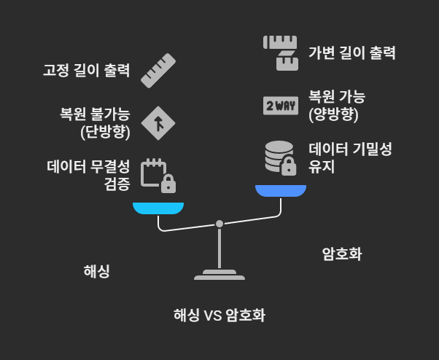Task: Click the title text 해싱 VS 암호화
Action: (219, 316)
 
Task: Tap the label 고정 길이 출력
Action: (85, 71)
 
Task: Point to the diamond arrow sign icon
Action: (158, 123)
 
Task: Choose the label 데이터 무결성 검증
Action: (88, 175)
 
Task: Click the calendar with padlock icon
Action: (158, 174)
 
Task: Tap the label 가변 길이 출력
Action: (351, 52)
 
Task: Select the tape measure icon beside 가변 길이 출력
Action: (280, 52)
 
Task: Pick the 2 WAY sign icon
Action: (280, 106)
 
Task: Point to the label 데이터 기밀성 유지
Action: (350, 157)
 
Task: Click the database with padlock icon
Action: (280, 158)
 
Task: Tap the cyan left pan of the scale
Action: (158, 208)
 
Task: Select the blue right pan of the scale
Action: (280, 191)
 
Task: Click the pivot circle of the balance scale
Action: (219, 224)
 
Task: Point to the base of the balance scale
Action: (219, 275)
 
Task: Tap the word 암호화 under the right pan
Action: (342, 254)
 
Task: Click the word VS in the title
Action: (211, 316)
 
